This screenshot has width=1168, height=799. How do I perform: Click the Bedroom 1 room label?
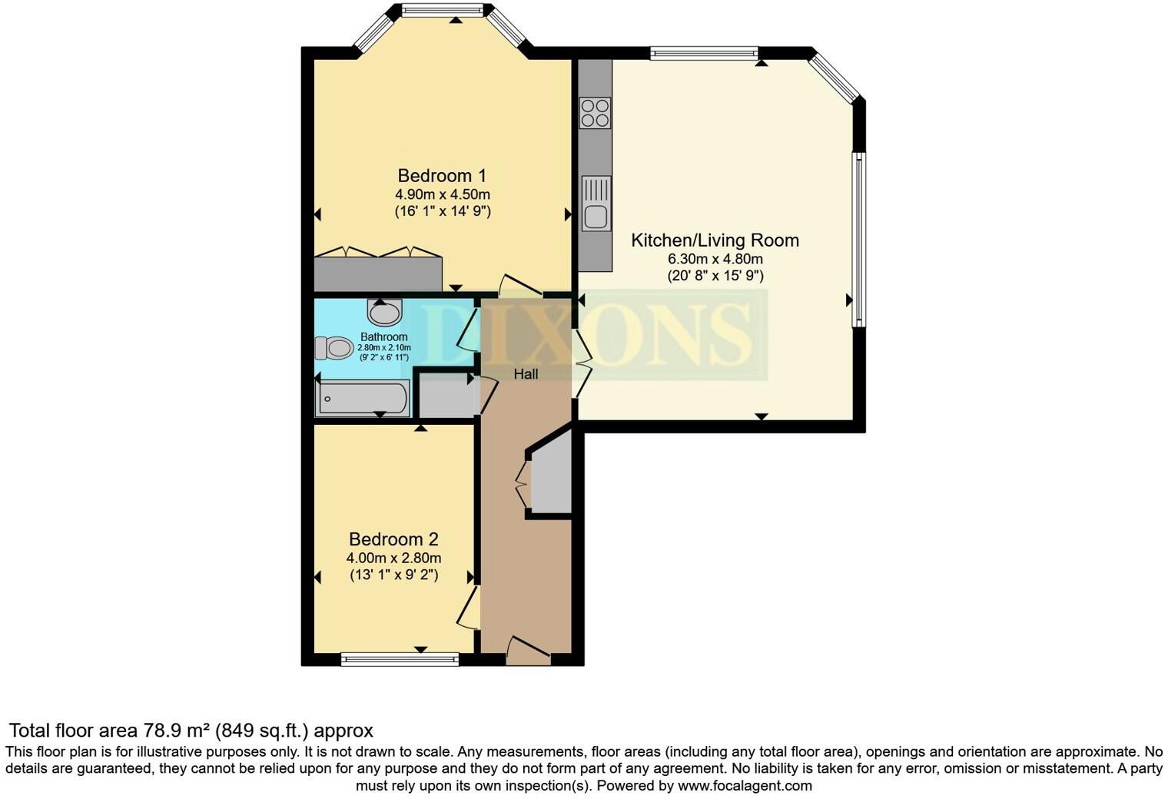pos(442,175)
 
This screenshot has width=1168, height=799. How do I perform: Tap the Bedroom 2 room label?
pos(393,539)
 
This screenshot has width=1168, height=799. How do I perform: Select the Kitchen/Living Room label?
pos(715,240)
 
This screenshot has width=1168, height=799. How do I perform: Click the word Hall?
pos(526,374)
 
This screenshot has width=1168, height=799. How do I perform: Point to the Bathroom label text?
pos(383,337)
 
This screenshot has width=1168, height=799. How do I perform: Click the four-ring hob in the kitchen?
pos(596,113)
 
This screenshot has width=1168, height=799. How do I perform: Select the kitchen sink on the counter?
pos(596,204)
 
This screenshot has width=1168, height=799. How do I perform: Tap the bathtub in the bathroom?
pos(363,398)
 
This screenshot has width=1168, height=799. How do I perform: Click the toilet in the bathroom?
pos(333,348)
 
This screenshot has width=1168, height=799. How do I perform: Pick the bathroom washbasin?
pos(384,312)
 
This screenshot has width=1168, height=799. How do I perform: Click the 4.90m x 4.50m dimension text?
pos(443,194)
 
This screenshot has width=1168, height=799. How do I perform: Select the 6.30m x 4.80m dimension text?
pos(715,259)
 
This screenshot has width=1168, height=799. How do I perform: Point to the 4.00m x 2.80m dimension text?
pos(393,558)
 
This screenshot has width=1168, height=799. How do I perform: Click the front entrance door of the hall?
pos(529,651)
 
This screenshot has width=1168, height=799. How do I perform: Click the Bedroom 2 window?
pos(400,659)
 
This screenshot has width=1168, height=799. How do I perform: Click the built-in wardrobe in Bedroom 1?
pos(378,274)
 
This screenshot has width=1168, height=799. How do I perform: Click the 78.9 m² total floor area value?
pos(178,731)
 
